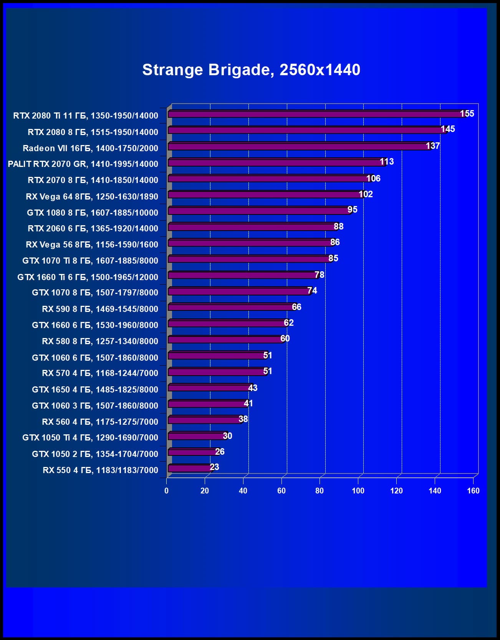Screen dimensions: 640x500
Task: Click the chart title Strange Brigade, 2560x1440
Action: tap(251, 70)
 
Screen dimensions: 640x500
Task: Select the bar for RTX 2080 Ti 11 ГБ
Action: tap(315, 114)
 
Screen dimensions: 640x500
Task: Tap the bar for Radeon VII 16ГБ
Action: tap(300, 147)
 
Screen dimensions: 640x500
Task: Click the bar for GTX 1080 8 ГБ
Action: tap(259, 211)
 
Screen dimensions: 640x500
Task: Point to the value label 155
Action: tap(467, 114)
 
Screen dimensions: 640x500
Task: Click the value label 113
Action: tap(387, 162)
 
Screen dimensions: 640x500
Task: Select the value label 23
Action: tap(214, 467)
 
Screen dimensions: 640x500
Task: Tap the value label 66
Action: tap(296, 307)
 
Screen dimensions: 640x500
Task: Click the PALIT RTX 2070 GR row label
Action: tap(83, 164)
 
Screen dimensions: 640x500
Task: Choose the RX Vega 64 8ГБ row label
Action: tap(92, 196)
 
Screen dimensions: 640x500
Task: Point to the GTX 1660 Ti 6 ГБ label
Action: tap(88, 277)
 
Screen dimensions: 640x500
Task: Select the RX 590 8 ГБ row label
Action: tap(100, 309)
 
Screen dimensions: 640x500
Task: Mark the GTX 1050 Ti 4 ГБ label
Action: tap(90, 437)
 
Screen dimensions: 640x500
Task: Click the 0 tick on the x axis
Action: tap(166, 491)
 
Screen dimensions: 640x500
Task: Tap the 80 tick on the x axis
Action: tap(320, 491)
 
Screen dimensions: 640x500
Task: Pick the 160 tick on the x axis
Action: tap(473, 491)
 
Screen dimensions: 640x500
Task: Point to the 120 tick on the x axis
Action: tap(396, 491)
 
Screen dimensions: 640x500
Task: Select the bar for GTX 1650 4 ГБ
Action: tap(209, 388)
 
